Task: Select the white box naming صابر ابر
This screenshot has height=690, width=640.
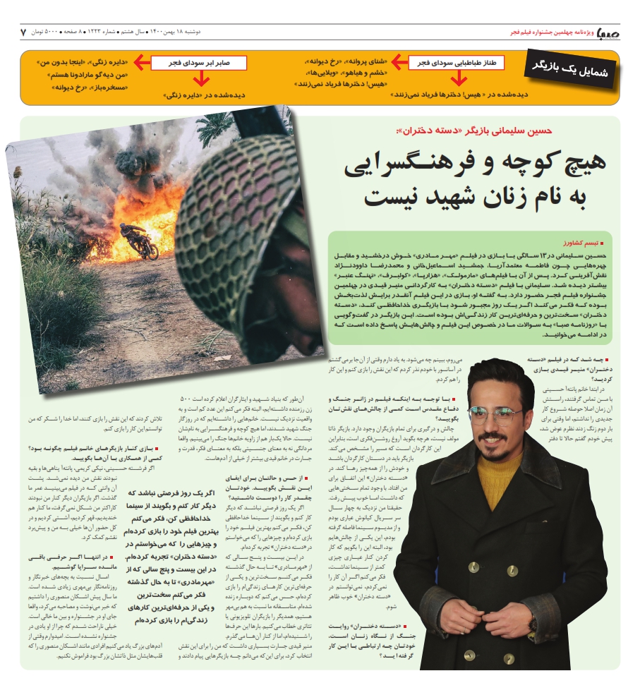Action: tap(199, 63)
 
